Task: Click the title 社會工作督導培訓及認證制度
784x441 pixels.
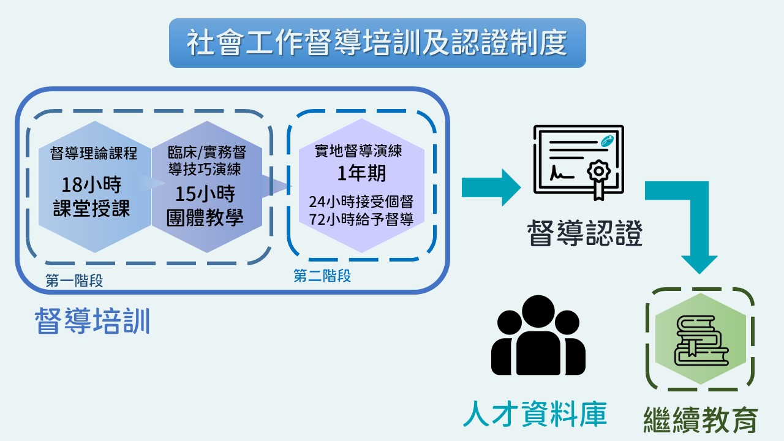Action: tap(377, 43)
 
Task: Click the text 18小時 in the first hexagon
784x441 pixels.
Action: tap(91, 184)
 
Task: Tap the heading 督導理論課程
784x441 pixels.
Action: tap(94, 153)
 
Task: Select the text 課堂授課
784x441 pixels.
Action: tap(91, 208)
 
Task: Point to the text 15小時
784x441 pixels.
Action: tap(205, 194)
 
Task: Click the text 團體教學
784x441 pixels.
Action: tap(205, 217)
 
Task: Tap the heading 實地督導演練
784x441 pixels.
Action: tap(358, 151)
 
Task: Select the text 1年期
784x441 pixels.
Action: tap(361, 173)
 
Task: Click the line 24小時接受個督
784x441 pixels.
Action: tap(361, 202)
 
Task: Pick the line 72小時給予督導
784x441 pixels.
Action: tap(361, 219)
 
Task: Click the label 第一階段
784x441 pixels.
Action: tap(74, 281)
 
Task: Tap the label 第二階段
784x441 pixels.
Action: tap(322, 276)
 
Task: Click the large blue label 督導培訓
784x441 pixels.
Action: tap(92, 320)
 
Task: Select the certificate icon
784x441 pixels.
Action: tap(579, 162)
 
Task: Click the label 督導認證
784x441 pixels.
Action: tap(585, 233)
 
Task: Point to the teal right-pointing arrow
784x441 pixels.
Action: tap(491, 187)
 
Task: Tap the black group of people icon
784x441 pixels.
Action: tap(538, 335)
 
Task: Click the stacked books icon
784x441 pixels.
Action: tap(701, 341)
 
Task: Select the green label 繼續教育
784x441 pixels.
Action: tap(701, 420)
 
